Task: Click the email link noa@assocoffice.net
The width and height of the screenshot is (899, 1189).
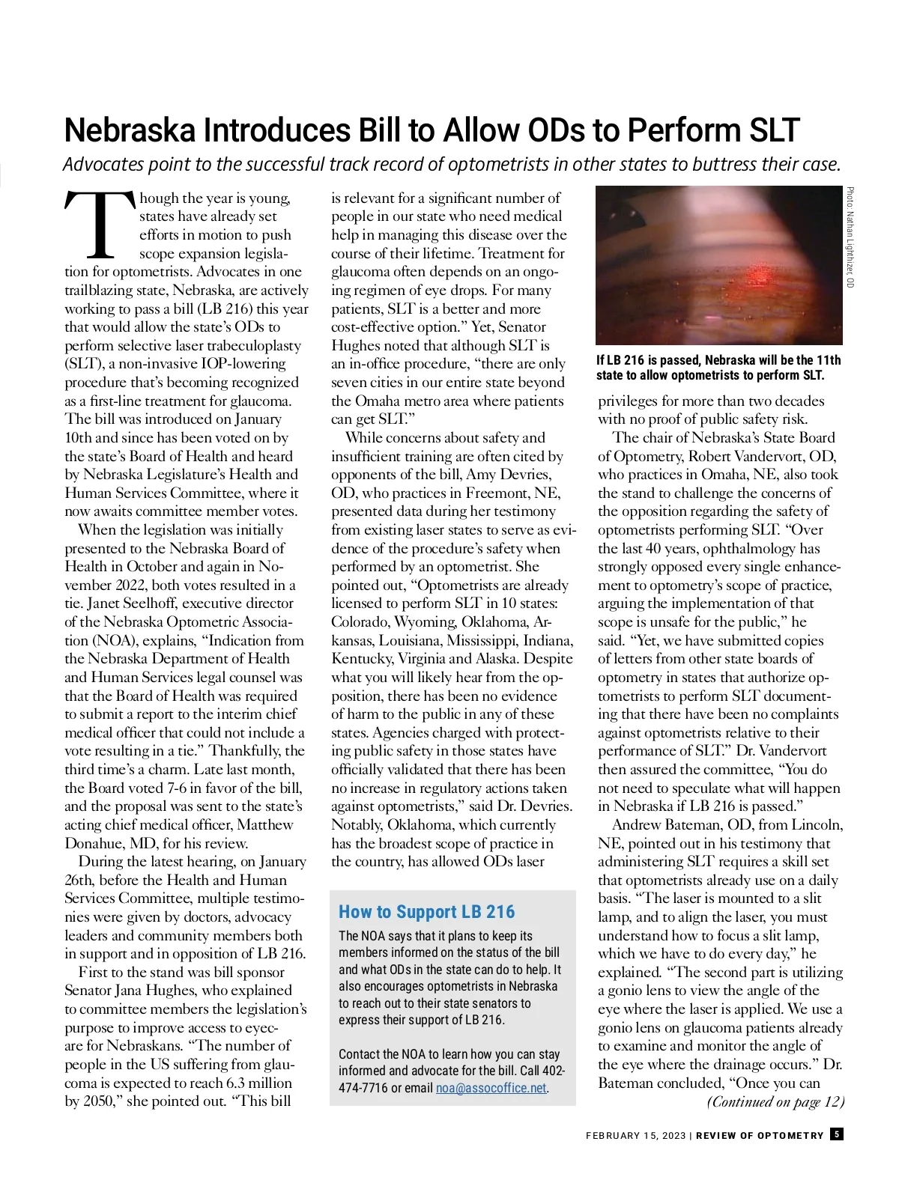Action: coord(491,1088)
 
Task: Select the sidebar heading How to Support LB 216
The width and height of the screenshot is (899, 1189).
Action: coord(426,912)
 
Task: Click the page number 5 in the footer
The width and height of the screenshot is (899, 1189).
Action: coord(837,1134)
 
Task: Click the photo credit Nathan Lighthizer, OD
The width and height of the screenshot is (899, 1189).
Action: coord(850,237)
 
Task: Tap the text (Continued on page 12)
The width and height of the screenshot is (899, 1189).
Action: coord(775,1101)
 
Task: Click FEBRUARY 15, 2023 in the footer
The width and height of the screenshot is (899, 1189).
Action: coord(635,1136)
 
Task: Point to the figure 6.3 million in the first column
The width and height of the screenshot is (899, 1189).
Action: coord(258,1083)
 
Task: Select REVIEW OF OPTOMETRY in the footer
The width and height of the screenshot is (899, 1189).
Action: coord(760,1136)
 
